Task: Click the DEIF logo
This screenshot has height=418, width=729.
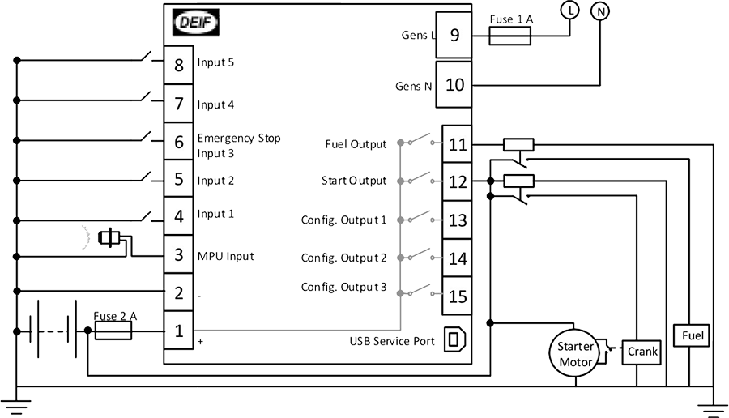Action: coord(196,23)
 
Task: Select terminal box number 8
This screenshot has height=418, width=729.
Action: coord(178,65)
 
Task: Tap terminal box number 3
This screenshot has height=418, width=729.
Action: coord(178,254)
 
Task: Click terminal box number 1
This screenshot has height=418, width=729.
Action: coord(178,331)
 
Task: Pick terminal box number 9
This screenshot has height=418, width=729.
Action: coord(454,35)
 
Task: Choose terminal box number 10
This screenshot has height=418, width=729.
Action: coord(454,84)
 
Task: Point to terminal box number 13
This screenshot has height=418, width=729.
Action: coord(457,220)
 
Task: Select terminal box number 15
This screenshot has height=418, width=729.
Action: coord(457,296)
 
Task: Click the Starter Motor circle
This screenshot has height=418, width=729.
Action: coord(576,354)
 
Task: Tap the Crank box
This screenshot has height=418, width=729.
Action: coord(642,352)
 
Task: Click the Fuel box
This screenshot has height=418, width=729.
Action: coord(692,335)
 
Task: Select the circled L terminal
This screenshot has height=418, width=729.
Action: coord(569,11)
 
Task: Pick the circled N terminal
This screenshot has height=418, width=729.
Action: coord(600,11)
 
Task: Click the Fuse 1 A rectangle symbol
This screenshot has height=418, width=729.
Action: coord(510,36)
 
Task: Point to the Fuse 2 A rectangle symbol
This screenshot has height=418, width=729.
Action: coord(113,331)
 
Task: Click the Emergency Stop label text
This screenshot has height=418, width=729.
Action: coord(239,139)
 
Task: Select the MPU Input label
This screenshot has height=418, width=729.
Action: coord(225,256)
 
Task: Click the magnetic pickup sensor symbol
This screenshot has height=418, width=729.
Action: coord(109,238)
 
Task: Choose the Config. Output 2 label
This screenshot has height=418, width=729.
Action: coord(343,258)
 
